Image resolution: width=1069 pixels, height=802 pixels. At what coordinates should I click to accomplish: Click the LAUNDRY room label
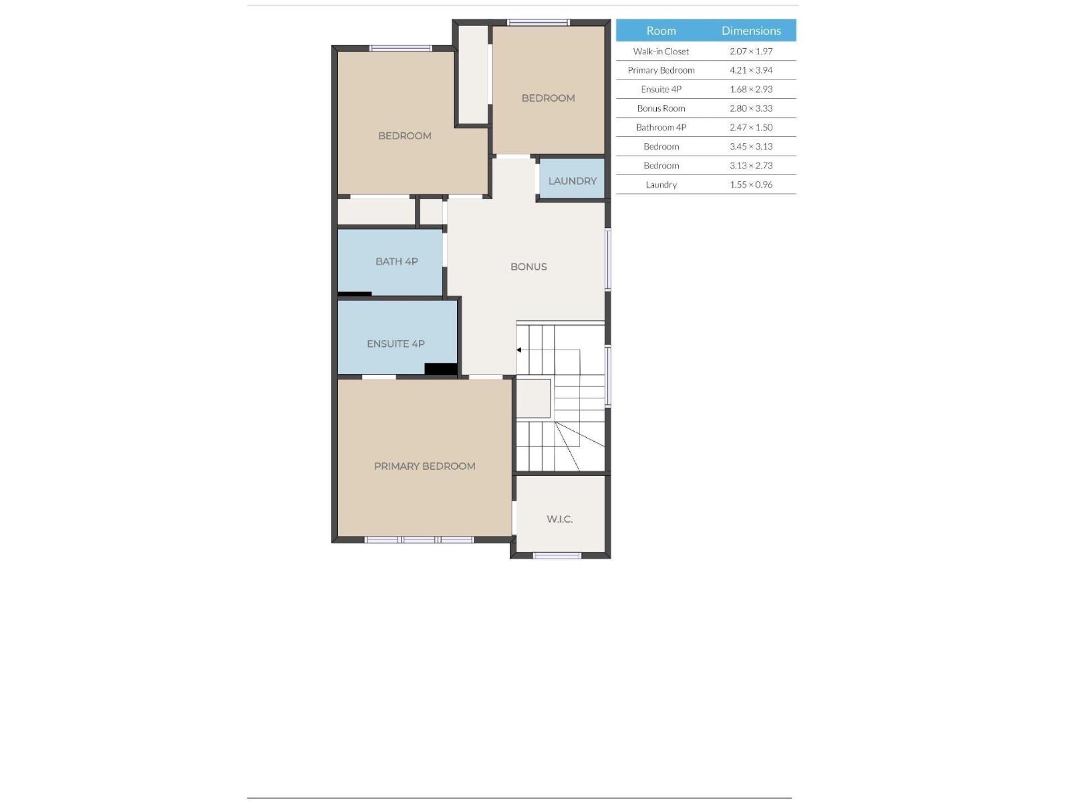coord(572,181)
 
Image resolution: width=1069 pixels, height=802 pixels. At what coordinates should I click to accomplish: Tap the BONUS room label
coord(528,267)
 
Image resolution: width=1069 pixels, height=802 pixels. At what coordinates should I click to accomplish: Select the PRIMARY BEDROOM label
coord(424,466)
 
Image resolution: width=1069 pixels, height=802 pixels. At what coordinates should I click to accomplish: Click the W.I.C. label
coord(559,519)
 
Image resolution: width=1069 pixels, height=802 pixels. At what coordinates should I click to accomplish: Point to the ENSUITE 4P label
coord(396,344)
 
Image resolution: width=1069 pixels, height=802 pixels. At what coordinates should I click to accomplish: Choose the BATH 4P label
coord(396,261)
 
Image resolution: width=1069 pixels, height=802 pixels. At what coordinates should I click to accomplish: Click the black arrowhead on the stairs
coord(519,350)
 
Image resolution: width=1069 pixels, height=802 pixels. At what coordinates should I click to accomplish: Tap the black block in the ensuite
coord(441,369)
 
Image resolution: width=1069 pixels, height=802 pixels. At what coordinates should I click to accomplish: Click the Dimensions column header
coord(751,31)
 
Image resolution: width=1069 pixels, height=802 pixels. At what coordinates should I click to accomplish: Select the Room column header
coord(661,31)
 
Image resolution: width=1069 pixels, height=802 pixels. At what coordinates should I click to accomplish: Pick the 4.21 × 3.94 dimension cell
coord(751,70)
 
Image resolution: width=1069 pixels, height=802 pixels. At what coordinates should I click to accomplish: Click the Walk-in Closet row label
coord(661,51)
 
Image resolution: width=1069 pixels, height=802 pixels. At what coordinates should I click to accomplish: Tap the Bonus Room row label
coord(661,108)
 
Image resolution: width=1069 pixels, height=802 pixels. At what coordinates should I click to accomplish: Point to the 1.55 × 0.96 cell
coord(751,184)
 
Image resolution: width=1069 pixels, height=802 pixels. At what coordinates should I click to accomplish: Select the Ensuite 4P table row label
coord(661,90)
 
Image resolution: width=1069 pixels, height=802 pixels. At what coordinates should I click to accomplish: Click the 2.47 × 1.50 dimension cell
coord(751,128)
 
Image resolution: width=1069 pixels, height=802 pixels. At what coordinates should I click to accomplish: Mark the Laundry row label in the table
coord(661,184)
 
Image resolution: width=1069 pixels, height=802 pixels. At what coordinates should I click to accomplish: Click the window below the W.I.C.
coord(557,555)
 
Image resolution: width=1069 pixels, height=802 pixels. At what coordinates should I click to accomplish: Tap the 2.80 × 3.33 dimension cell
coord(751,108)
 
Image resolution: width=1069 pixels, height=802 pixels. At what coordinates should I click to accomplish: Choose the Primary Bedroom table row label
coord(661,70)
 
